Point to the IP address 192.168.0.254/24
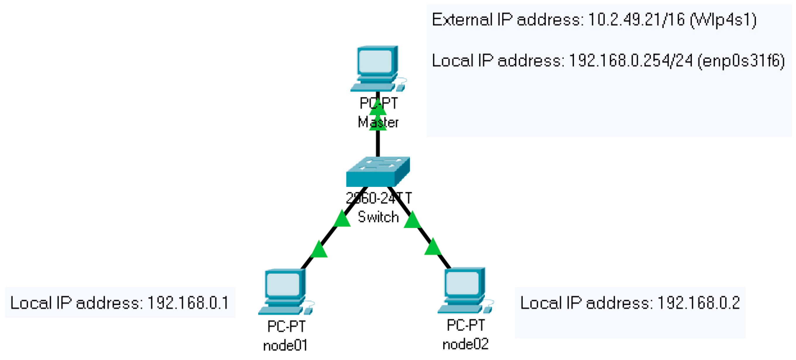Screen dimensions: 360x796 [x=630, y=61]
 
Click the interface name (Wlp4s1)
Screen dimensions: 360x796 [x=723, y=20]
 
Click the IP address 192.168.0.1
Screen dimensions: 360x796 [x=188, y=303]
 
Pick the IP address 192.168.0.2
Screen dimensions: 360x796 [x=698, y=303]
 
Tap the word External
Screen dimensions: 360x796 [x=462, y=20]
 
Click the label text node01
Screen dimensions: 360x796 [x=285, y=345]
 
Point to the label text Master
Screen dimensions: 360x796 [x=378, y=122]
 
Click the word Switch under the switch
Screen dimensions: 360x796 [x=378, y=217]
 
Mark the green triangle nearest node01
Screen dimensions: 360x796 [x=318, y=250]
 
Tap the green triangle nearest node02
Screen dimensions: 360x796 [x=433, y=247]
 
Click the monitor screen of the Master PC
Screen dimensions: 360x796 [x=375, y=61]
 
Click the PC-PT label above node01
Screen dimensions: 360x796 [x=286, y=326]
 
